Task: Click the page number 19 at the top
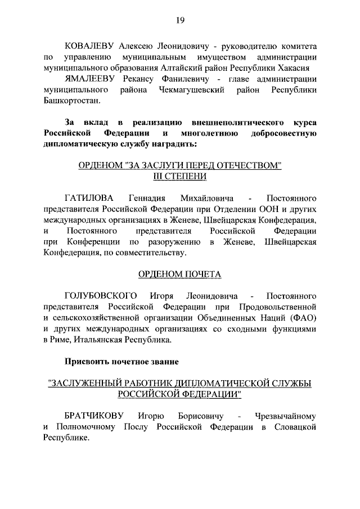pyautogui.click(x=180, y=21)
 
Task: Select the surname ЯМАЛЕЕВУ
pyautogui.click(x=90, y=79)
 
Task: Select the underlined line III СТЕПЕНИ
pyautogui.click(x=180, y=176)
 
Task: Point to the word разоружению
pyautogui.click(x=173, y=242)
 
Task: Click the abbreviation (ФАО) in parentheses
pyautogui.click(x=303, y=318)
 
